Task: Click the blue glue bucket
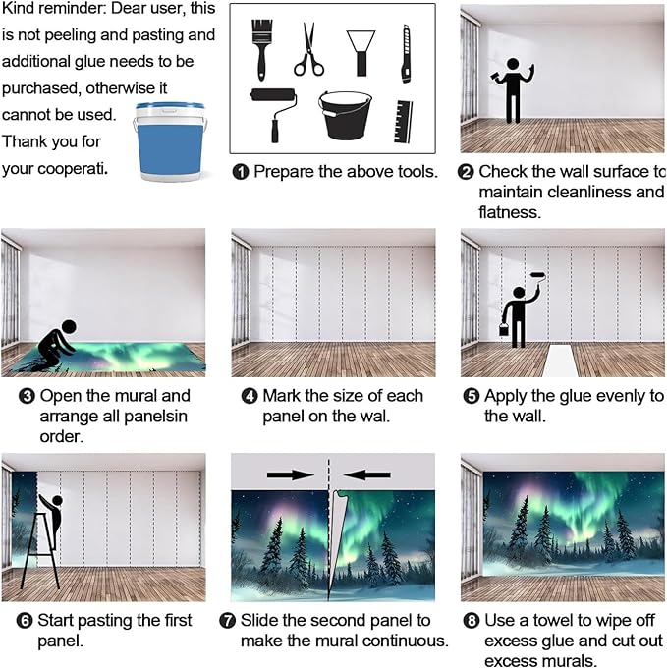click(170, 141)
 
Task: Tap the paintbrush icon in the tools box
click(262, 49)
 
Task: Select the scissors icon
click(308, 50)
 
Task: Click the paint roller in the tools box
click(273, 114)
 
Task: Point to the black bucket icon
click(345, 116)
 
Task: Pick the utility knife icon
click(407, 53)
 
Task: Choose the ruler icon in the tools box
click(403, 122)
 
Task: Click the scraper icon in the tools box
click(361, 53)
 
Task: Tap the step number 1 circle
click(241, 172)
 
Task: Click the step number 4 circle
click(250, 396)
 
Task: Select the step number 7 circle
click(228, 620)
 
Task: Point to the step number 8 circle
click(472, 620)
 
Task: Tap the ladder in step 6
click(41, 551)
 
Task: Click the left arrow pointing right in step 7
click(290, 474)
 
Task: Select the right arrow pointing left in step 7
click(366, 474)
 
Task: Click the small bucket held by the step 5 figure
click(504, 329)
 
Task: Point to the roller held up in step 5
click(538, 279)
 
